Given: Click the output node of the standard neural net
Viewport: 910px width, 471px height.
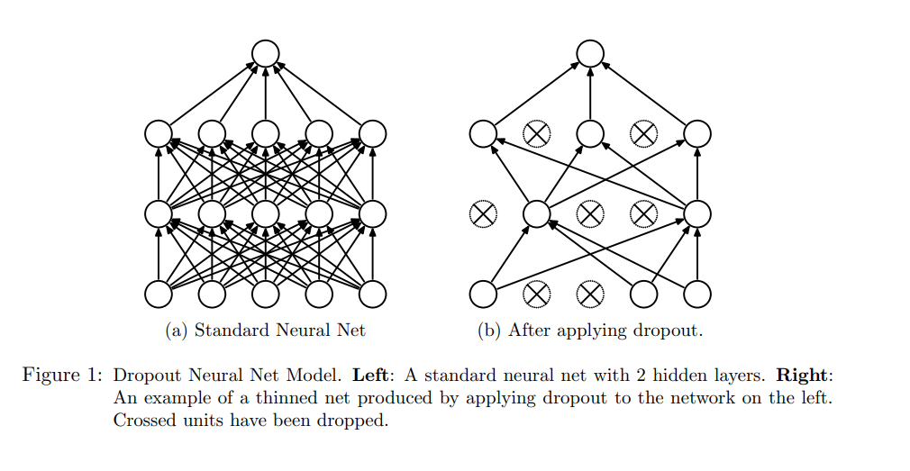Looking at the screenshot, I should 265,53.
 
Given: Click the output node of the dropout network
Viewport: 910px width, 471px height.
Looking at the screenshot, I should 589,53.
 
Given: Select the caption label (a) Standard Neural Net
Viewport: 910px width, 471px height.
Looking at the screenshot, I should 266,331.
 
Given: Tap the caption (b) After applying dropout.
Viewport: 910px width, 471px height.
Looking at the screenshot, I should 589,331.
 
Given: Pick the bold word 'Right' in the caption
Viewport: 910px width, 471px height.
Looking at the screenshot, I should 804,375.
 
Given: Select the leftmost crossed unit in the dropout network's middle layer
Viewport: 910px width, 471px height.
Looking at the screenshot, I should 483,214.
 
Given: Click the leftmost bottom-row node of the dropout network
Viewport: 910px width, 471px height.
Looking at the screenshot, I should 483,294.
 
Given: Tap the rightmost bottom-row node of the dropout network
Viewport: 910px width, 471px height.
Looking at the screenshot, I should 696,294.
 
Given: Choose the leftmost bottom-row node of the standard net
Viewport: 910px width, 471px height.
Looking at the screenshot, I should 159,294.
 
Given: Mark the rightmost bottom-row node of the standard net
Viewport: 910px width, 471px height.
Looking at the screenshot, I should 372,294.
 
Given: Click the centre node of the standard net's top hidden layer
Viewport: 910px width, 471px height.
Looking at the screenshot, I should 265,134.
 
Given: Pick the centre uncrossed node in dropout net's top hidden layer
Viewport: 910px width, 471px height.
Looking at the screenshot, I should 589,134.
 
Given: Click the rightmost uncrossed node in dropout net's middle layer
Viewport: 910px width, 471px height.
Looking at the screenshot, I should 696,214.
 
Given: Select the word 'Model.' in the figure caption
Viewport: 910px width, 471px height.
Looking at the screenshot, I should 319,375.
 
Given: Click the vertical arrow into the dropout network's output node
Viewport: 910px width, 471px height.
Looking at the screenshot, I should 589,94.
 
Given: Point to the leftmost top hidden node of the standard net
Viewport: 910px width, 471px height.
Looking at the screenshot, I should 159,134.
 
